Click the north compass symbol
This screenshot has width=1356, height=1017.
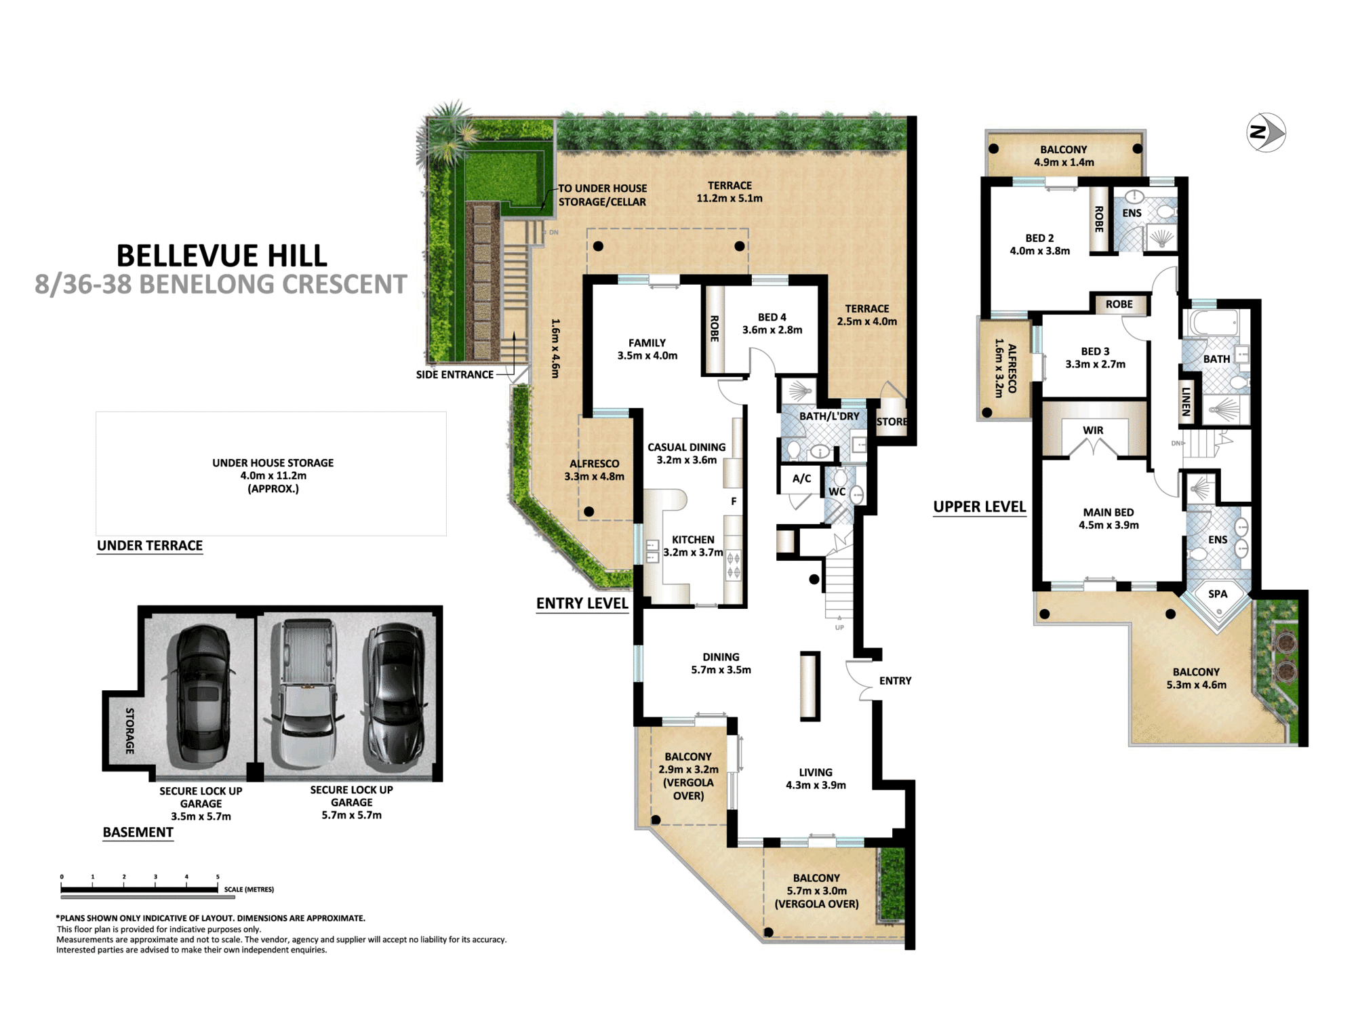pyautogui.click(x=1266, y=132)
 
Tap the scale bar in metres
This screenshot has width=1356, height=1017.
pyautogui.click(x=140, y=889)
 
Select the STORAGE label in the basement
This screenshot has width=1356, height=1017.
pyautogui.click(x=129, y=731)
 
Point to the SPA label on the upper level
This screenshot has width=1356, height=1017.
pyautogui.click(x=1218, y=594)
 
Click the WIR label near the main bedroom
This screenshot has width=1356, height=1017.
pyautogui.click(x=1093, y=431)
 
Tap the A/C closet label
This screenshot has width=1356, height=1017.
pyautogui.click(x=801, y=479)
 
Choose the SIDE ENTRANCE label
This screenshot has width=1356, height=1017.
pyautogui.click(x=454, y=375)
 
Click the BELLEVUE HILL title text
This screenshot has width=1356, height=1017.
pyautogui.click(x=222, y=256)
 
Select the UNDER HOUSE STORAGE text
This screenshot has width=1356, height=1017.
pyautogui.click(x=273, y=463)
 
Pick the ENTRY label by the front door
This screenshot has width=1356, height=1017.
pyautogui.click(x=895, y=681)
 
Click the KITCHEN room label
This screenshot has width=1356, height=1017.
pyautogui.click(x=693, y=540)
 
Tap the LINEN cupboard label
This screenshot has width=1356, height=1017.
pyautogui.click(x=1186, y=401)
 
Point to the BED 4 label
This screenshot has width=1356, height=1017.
pyautogui.click(x=772, y=317)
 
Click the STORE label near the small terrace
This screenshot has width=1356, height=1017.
pyautogui.click(x=892, y=422)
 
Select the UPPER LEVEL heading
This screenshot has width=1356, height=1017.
pyautogui.click(x=979, y=507)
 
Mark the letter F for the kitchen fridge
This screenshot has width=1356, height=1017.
pyautogui.click(x=734, y=502)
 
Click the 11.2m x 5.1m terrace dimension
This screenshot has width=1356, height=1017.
pyautogui.click(x=730, y=199)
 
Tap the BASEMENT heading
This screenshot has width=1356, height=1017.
pyautogui.click(x=138, y=833)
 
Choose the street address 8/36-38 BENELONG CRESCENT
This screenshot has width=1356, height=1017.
pyautogui.click(x=221, y=285)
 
